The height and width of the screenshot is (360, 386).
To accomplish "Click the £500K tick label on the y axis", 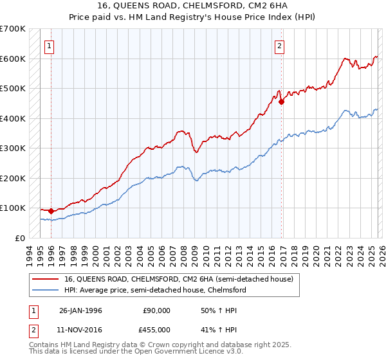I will click(x=13, y=89).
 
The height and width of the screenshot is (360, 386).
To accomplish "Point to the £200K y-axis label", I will click(x=13, y=178).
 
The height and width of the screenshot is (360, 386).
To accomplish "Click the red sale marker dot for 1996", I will click(x=51, y=211).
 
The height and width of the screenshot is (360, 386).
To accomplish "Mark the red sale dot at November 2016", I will click(x=282, y=102).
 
